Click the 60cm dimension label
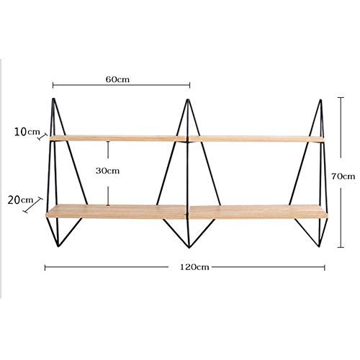(x=117, y=79)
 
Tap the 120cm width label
(x=194, y=267)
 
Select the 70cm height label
(x=343, y=176)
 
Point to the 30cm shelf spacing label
(x=107, y=171)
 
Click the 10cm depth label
(x=27, y=132)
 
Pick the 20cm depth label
(x=20, y=200)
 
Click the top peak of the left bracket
(x=54, y=99)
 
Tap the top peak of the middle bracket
(x=188, y=99)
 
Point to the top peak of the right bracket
(x=320, y=100)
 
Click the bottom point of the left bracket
(x=58, y=246)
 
